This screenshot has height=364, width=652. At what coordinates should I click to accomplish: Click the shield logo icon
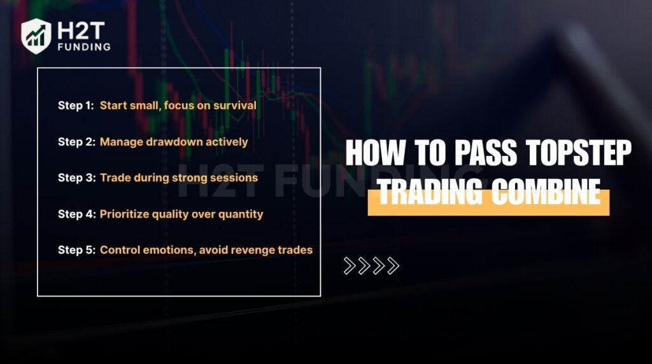(36, 36)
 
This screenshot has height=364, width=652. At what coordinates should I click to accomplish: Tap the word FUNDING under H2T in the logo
(83, 46)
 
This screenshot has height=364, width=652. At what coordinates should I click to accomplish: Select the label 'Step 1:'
(75, 106)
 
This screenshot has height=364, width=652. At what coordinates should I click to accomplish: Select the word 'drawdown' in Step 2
(171, 142)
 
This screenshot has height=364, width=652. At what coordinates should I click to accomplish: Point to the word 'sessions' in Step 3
(235, 178)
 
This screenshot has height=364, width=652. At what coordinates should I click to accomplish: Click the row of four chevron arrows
(371, 266)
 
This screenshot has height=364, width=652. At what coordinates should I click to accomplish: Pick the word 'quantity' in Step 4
(239, 214)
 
